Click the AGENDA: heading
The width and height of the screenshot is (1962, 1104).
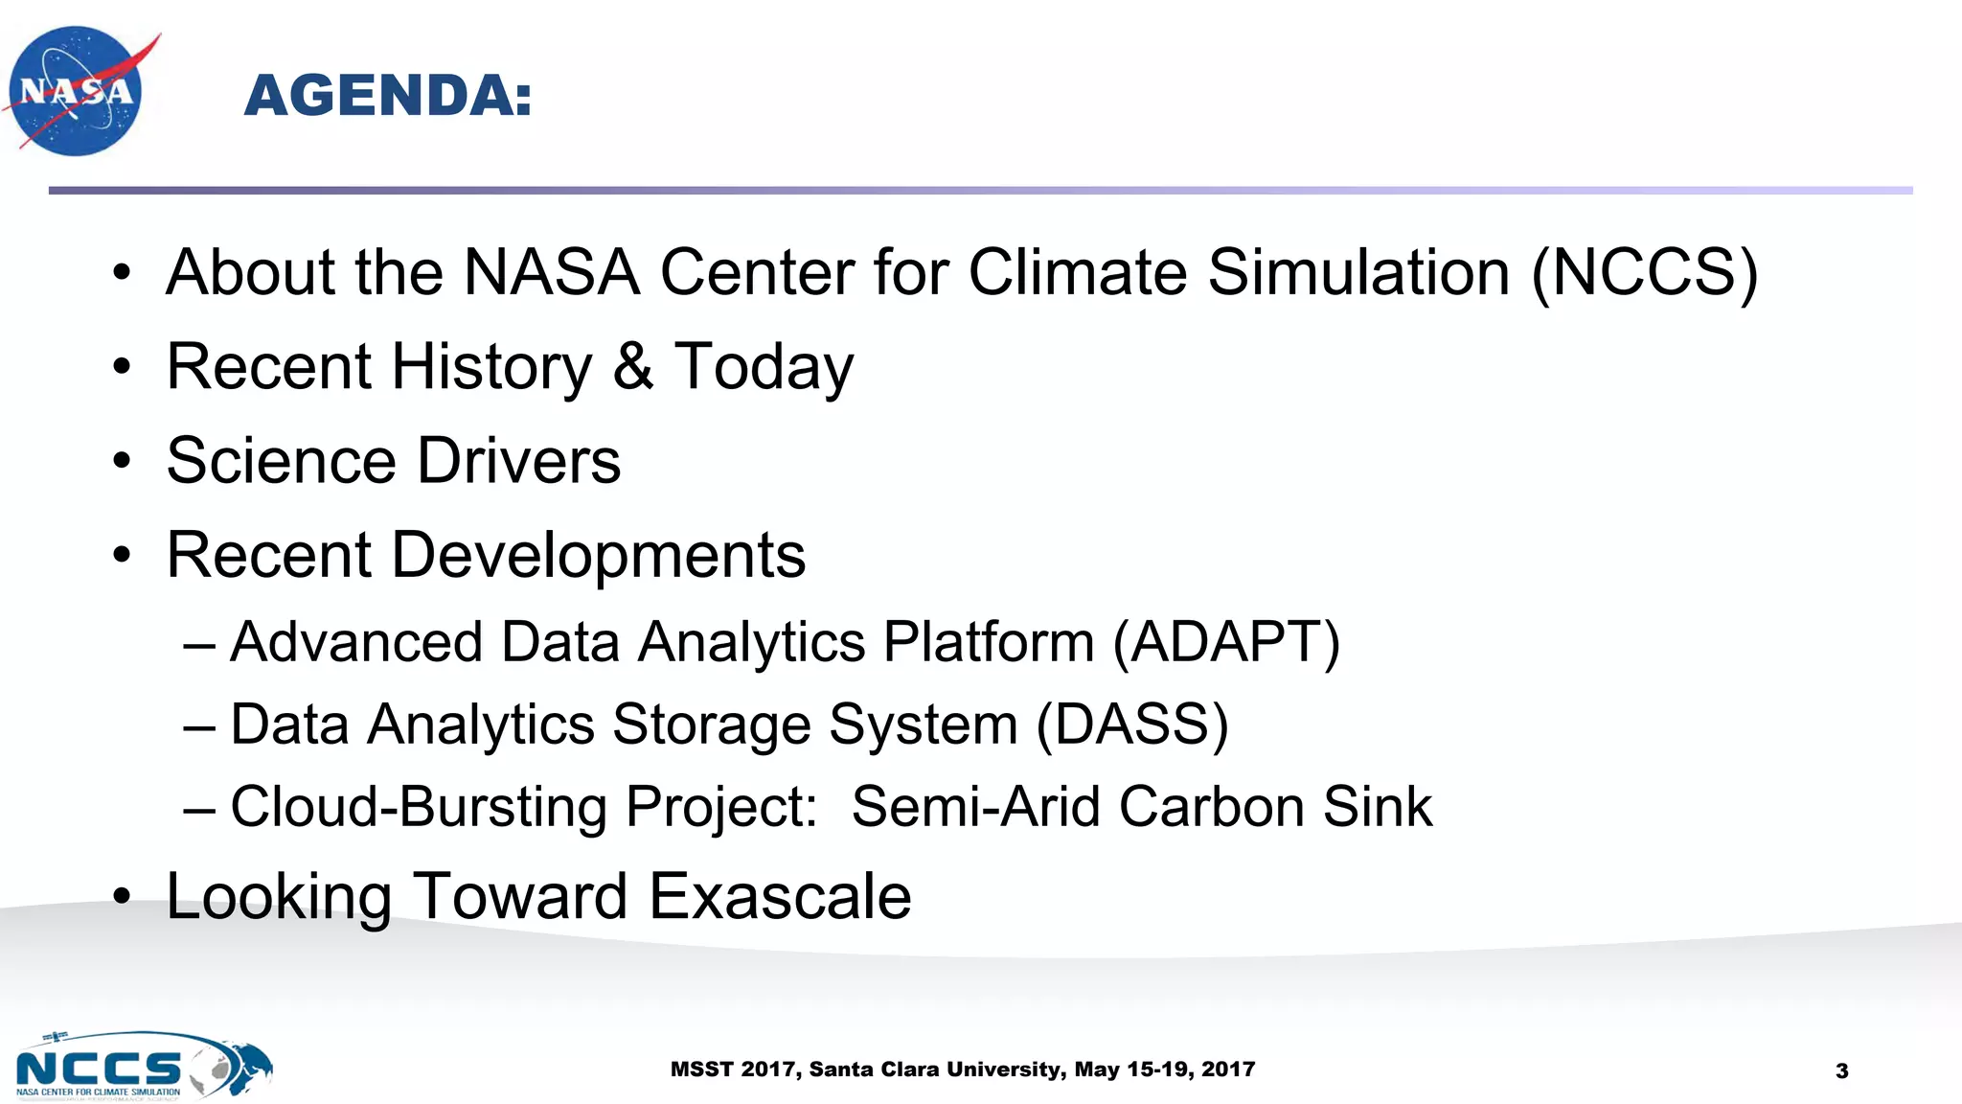click(x=387, y=96)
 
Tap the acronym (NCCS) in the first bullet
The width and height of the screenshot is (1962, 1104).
click(x=1644, y=272)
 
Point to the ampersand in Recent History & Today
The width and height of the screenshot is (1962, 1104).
click(x=632, y=366)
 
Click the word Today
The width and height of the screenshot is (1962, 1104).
click(x=764, y=368)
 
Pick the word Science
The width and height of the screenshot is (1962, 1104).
click(x=281, y=461)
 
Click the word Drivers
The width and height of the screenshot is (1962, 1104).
click(x=518, y=461)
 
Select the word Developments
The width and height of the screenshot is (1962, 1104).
click(x=598, y=556)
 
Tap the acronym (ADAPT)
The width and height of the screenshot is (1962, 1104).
click(x=1225, y=642)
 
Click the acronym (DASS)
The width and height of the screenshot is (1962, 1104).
click(x=1131, y=724)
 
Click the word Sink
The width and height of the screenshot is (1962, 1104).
click(x=1377, y=807)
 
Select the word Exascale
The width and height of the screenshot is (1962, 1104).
click(x=780, y=897)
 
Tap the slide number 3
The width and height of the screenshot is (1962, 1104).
click(x=1841, y=1071)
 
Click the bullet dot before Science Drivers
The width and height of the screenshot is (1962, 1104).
click(x=121, y=462)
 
